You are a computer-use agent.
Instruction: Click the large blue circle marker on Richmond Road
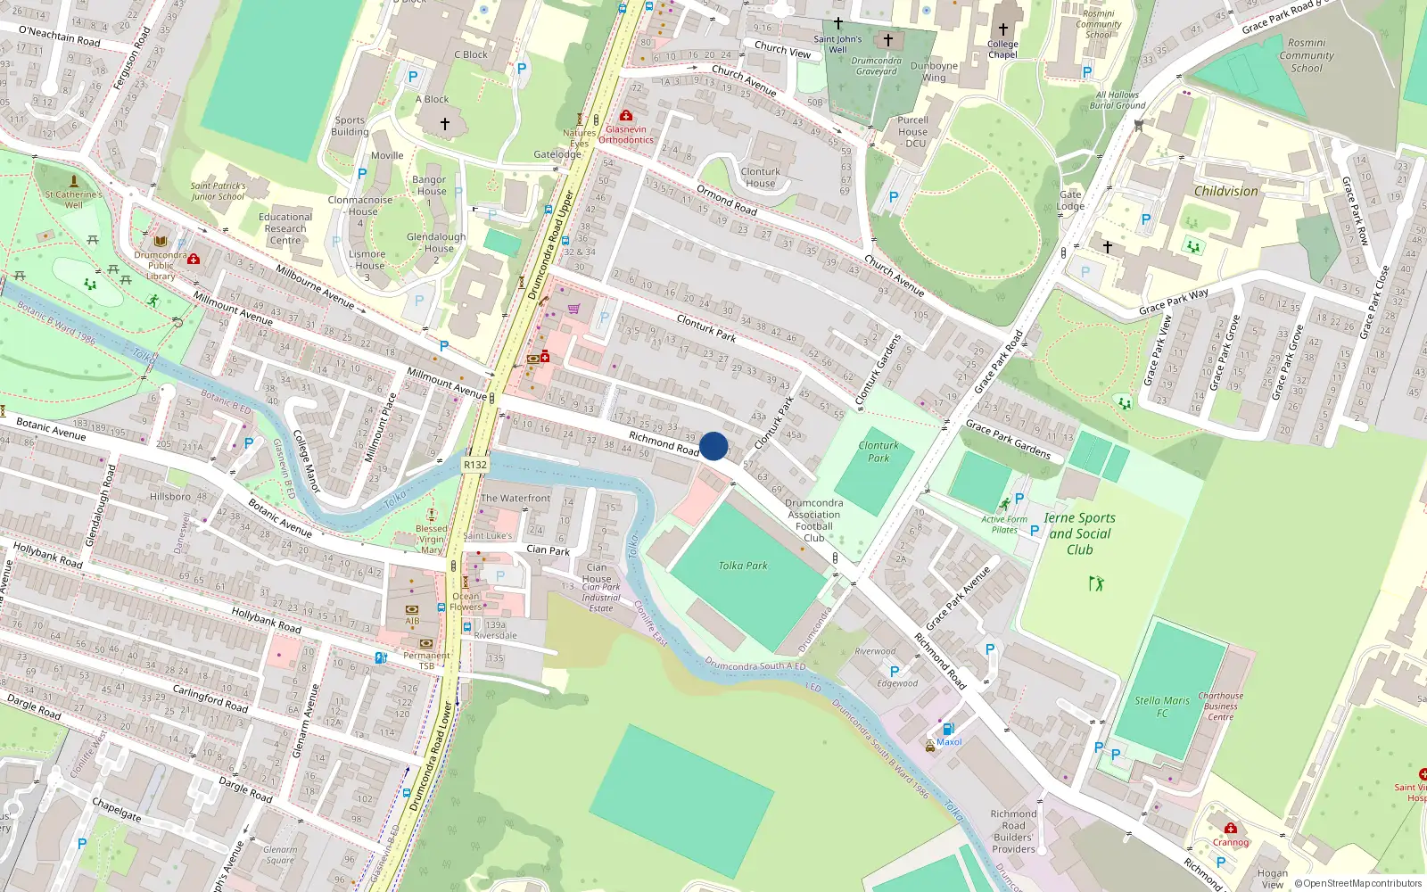[713, 446]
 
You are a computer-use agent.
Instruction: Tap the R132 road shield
[475, 465]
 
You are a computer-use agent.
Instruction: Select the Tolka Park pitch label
[743, 566]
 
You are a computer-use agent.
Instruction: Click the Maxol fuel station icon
[947, 729]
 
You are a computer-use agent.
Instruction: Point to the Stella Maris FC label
[1162, 706]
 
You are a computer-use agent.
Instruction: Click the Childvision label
[1225, 191]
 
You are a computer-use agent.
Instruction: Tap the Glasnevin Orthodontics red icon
[626, 116]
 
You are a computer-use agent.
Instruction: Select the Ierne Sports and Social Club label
[1079, 533]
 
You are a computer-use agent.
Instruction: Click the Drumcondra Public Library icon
[161, 242]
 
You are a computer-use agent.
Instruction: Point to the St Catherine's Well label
[74, 199]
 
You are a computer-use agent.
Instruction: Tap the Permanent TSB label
[426, 661]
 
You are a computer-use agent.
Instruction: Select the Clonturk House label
[760, 178]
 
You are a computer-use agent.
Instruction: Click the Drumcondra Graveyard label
[876, 66]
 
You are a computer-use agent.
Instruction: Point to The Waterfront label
[516, 498]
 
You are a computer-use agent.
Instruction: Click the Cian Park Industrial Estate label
[600, 598]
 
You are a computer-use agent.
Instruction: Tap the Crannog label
[1231, 842]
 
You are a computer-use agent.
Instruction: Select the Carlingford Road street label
[210, 698]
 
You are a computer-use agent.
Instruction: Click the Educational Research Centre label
[285, 228]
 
